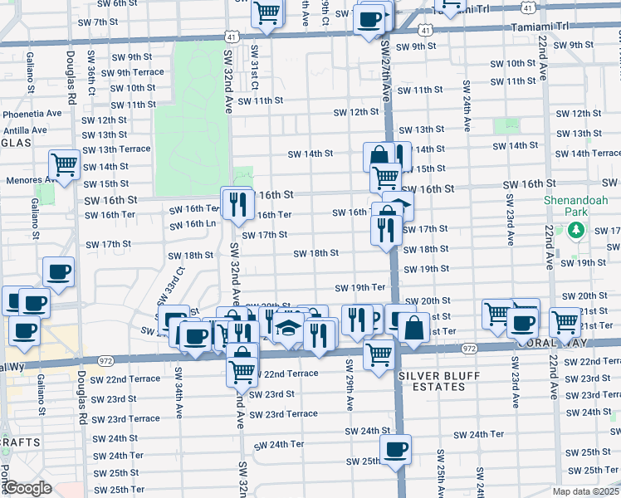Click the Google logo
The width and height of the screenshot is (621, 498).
pyautogui.click(x=27, y=488)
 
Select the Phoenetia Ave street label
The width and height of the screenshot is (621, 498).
pyautogui.click(x=32, y=114)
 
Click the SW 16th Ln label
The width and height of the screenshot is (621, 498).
pyautogui.click(x=200, y=224)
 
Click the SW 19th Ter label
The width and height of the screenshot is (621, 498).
pyautogui.click(x=360, y=288)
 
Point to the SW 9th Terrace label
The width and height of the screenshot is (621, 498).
pyautogui.click(x=134, y=73)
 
